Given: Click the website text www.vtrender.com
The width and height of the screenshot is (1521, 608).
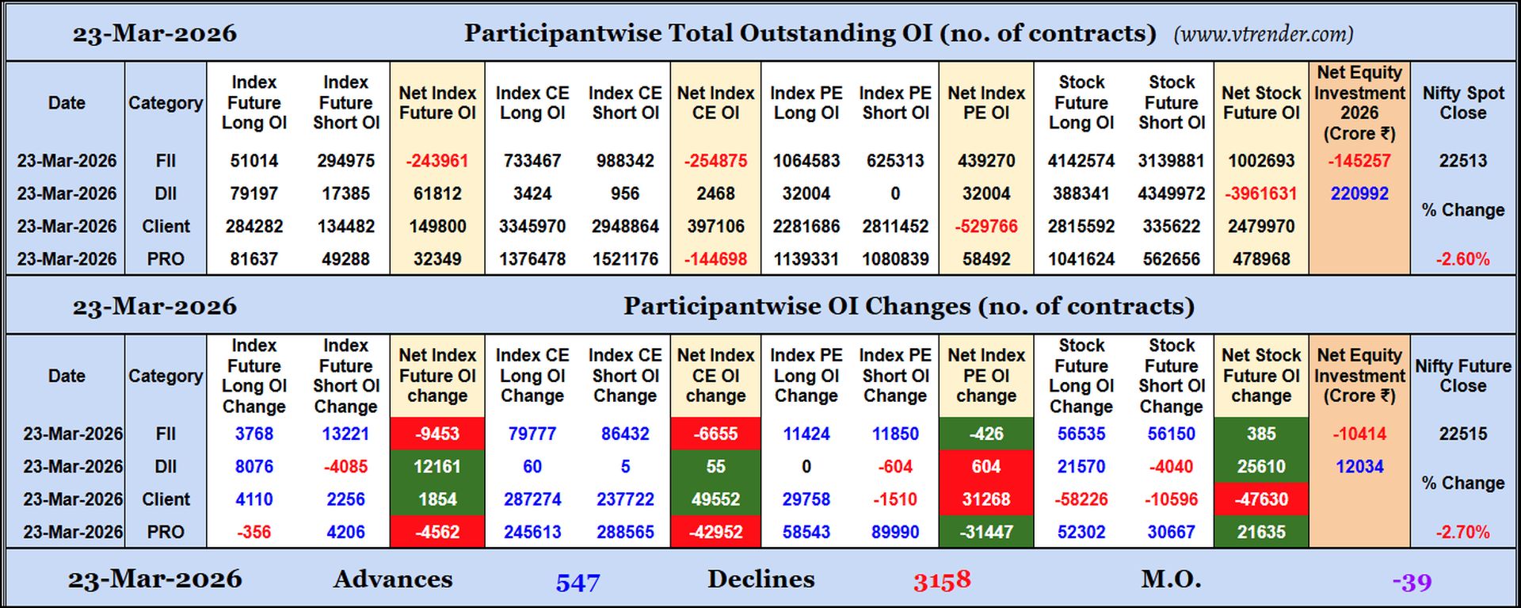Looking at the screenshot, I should pyautogui.click(x=1264, y=34).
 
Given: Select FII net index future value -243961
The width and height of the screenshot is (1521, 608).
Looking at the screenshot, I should pyautogui.click(x=437, y=161).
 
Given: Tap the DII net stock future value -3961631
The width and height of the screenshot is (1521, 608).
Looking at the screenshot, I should pyautogui.click(x=1261, y=193).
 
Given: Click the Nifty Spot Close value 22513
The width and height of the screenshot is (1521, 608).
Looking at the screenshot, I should pyautogui.click(x=1462, y=161).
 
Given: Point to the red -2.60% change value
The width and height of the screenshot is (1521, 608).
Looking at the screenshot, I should pyautogui.click(x=1462, y=259).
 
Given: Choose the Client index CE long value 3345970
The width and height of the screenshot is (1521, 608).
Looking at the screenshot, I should pyautogui.click(x=532, y=227).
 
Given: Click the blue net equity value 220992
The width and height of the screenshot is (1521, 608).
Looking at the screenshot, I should pyautogui.click(x=1359, y=193).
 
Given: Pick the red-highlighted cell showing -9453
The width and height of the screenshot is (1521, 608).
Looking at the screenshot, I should pyautogui.click(x=437, y=434).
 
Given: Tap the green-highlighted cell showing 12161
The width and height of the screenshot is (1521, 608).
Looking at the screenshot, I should pyautogui.click(x=437, y=467).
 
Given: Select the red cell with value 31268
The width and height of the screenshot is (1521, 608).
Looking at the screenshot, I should pyautogui.click(x=985, y=499).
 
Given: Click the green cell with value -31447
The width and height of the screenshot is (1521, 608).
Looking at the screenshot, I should pyautogui.click(x=985, y=532).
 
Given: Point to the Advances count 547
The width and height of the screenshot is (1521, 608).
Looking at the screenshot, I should pyautogui.click(x=578, y=583).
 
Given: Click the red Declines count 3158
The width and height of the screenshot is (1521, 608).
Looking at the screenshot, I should pyautogui.click(x=941, y=581).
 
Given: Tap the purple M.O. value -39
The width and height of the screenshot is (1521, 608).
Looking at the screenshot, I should pyautogui.click(x=1412, y=583).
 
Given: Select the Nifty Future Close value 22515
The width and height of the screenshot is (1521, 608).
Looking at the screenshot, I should pyautogui.click(x=1462, y=434).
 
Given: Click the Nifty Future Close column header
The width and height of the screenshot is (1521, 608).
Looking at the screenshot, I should pyautogui.click(x=1462, y=376).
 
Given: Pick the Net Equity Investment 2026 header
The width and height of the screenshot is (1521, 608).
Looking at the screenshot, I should pyautogui.click(x=1359, y=103).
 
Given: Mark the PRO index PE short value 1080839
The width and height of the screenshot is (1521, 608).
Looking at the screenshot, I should pyautogui.click(x=895, y=259).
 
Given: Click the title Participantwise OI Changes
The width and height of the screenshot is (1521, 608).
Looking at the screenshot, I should pyautogui.click(x=908, y=306).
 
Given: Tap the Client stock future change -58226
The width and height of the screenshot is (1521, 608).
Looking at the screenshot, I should pyautogui.click(x=1081, y=499).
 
